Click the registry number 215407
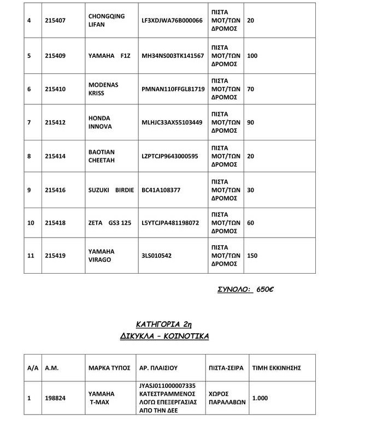(x=55, y=21)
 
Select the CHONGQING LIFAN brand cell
(x=102, y=21)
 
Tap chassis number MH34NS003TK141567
(x=173, y=56)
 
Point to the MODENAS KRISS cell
(x=103, y=89)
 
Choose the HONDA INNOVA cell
(x=99, y=122)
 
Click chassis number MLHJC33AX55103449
(x=172, y=122)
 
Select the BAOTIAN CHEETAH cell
(x=102, y=156)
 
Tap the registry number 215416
(x=55, y=190)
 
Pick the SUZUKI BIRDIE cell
(x=109, y=190)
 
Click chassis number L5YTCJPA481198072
(x=170, y=223)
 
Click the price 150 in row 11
(x=253, y=256)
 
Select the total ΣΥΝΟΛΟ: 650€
(x=245, y=289)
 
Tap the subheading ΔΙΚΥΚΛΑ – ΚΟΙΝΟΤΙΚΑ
(x=164, y=336)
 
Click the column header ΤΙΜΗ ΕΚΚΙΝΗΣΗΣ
(x=276, y=368)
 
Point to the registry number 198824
(x=55, y=398)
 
